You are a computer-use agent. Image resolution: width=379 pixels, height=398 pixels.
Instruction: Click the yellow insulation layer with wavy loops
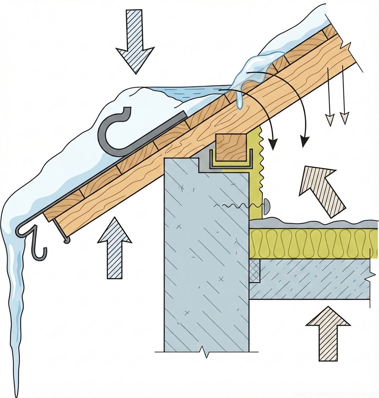point(312,243)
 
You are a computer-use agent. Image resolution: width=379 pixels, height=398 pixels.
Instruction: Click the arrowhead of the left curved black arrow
point(273,144)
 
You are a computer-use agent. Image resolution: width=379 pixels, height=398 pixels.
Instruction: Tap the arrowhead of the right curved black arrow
point(304,142)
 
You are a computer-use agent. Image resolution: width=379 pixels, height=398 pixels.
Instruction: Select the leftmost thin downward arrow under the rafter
point(329,120)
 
